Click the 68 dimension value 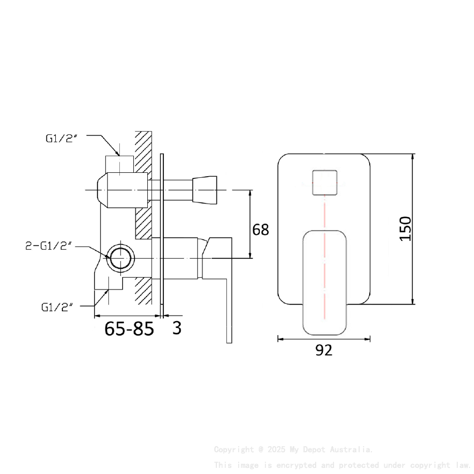click(260, 230)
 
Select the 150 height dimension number click(405, 229)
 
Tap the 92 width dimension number click(323, 350)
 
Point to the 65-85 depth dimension click(129, 329)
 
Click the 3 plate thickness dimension click(177, 328)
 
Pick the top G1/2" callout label click(61, 138)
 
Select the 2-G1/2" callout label click(49, 246)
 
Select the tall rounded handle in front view click(324, 282)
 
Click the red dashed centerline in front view click(324, 223)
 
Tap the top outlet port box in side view click(119, 164)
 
